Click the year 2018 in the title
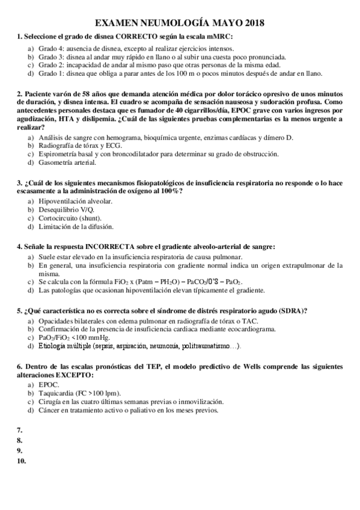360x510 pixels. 252,23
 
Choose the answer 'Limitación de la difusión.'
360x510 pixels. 76,227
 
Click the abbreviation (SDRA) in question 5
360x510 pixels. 293,310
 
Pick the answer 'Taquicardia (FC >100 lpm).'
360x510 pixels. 81,393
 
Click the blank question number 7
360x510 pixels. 20,431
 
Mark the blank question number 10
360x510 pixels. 22,461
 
